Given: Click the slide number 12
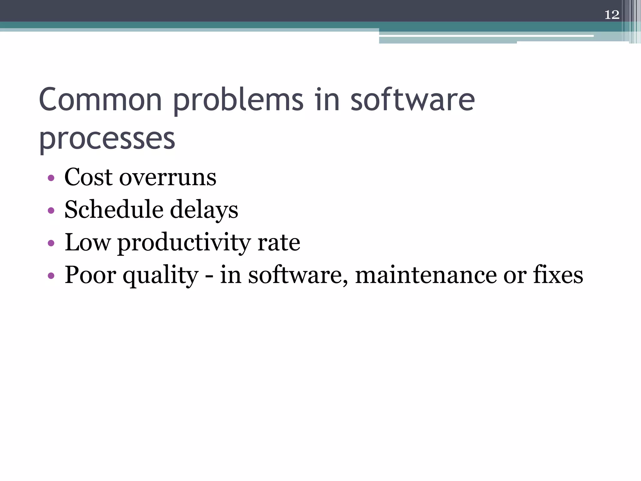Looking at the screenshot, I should [x=612, y=15].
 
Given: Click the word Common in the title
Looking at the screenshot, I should [x=100, y=100].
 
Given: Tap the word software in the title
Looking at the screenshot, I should [x=412, y=100].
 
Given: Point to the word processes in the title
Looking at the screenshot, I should [x=107, y=139].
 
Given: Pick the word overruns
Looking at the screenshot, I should [x=168, y=178].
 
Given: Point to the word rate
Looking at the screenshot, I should [x=279, y=243].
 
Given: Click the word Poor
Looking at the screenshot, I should [x=90, y=275].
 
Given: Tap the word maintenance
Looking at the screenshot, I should [x=426, y=275].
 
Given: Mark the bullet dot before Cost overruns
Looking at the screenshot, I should [x=51, y=178].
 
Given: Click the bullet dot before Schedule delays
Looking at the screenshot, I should [x=51, y=211].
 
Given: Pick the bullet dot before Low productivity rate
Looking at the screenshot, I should [x=51, y=243].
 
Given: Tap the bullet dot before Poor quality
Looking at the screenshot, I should [x=51, y=276].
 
